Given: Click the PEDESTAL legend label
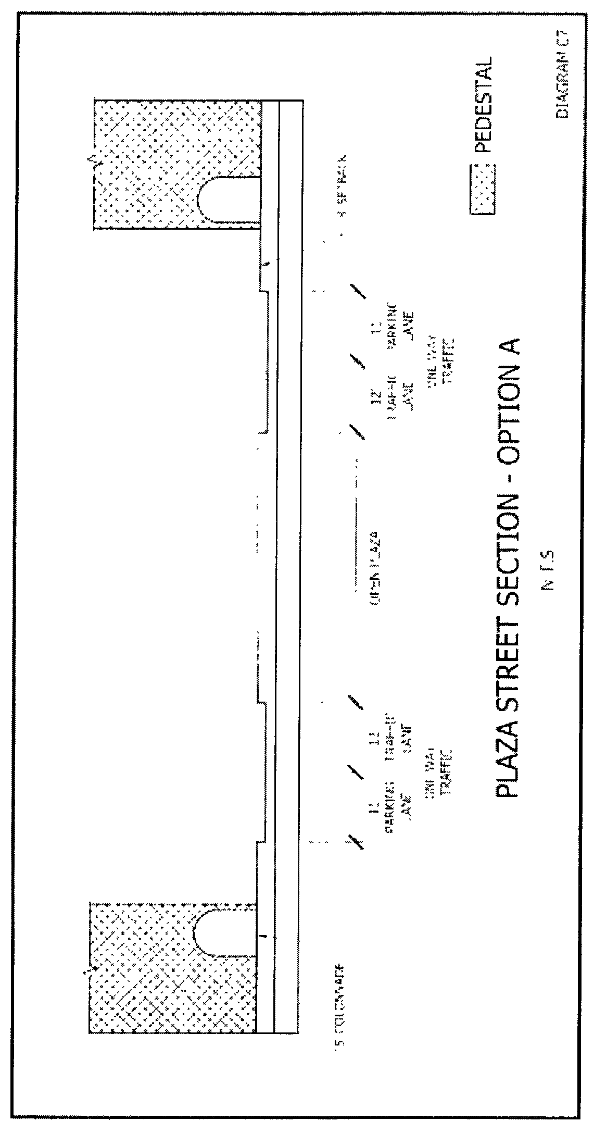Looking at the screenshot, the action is point(483,104).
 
